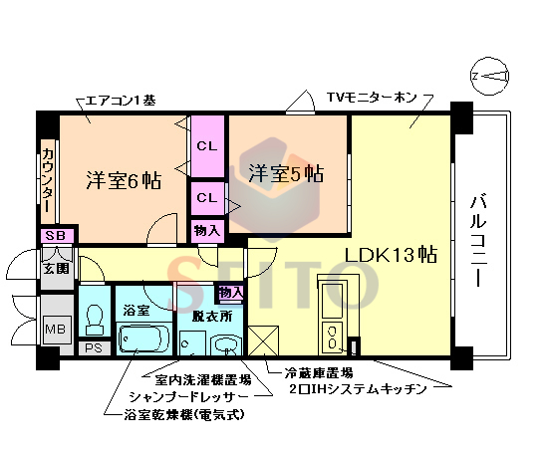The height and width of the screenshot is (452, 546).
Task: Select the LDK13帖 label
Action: tap(392, 253)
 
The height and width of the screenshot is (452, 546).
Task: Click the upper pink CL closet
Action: tap(207, 145)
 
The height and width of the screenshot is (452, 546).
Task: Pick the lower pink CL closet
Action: tap(207, 197)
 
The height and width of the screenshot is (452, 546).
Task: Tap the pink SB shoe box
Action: tap(54, 236)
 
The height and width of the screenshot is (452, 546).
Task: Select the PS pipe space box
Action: tap(94, 348)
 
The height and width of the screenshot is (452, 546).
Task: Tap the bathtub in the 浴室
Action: tap(143, 339)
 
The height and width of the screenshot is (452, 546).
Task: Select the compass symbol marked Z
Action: tap(491, 77)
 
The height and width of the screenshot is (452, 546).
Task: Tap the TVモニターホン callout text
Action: tap(371, 99)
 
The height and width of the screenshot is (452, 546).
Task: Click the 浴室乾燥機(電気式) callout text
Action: tap(185, 413)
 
